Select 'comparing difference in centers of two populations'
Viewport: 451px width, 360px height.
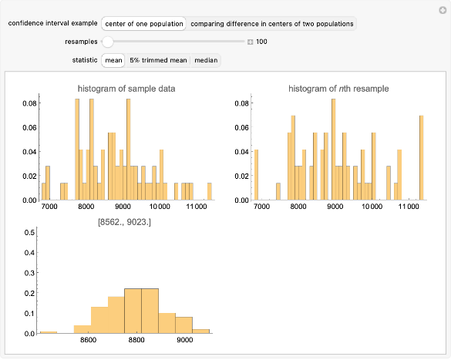(272, 24)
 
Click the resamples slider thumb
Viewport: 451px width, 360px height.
(108, 42)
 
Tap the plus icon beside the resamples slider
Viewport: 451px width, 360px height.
(250, 42)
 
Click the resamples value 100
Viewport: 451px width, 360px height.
(262, 42)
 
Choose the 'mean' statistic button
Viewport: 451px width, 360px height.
(114, 60)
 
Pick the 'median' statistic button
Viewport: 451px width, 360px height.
(205, 60)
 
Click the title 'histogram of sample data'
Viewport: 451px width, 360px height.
(126, 89)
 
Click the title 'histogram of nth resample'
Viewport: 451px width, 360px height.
(338, 89)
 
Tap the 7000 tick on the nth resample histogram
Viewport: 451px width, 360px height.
(261, 207)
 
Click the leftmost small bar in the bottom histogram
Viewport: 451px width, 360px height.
(49, 332)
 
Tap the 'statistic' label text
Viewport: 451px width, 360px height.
(84, 60)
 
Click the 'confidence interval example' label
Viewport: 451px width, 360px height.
(46, 24)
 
